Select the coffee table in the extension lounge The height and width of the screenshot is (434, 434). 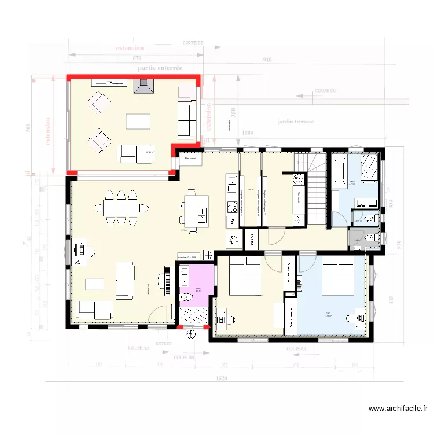(x=138, y=121)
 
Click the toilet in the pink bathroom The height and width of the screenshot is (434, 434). (x=187, y=297)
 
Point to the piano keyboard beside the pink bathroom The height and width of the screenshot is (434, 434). (x=169, y=284)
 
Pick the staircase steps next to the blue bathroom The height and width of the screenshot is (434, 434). (x=315, y=197)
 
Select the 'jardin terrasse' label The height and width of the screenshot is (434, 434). (x=295, y=122)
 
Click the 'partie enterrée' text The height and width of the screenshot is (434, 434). (x=160, y=68)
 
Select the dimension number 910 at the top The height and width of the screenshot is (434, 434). (x=267, y=59)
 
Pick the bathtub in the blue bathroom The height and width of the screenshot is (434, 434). (x=339, y=171)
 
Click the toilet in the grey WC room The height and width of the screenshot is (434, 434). (x=372, y=237)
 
